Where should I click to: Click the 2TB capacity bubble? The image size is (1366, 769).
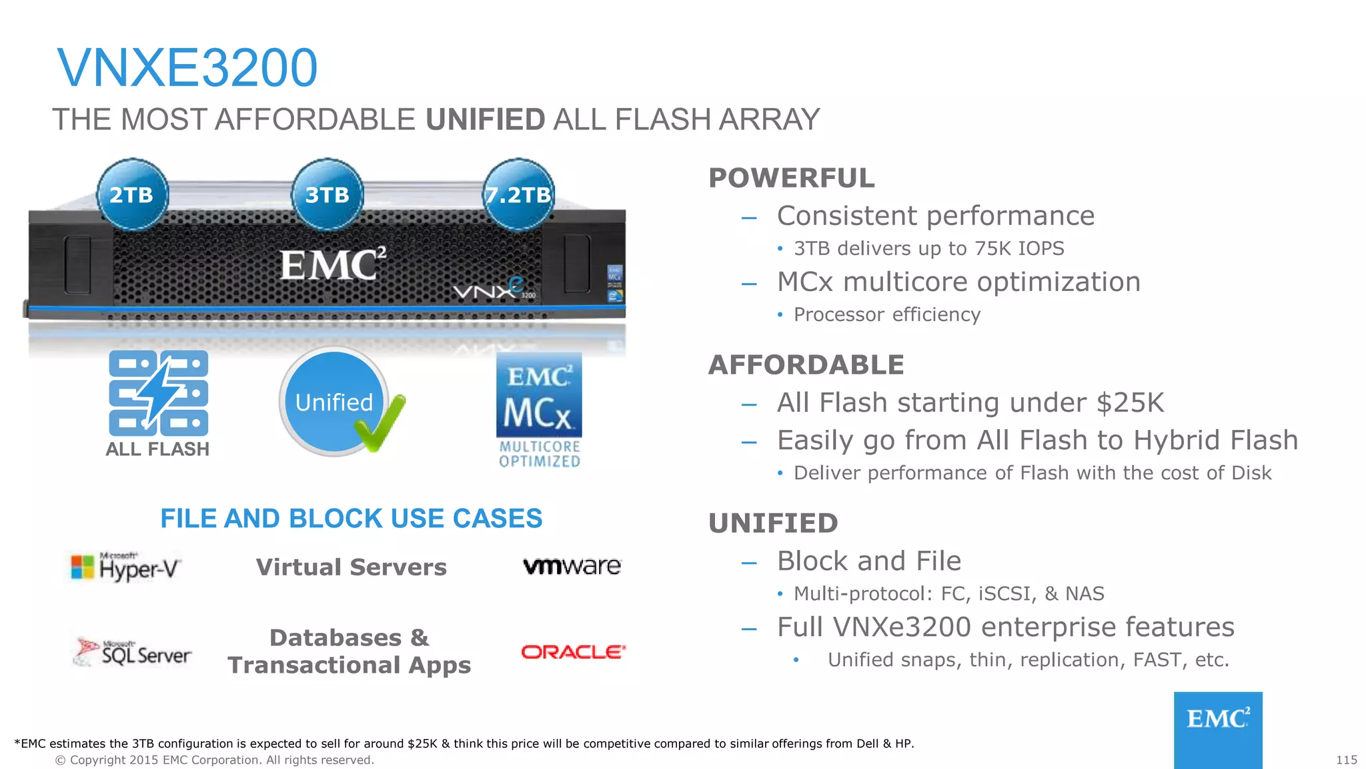(132, 195)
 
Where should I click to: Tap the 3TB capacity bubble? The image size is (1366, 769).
(327, 195)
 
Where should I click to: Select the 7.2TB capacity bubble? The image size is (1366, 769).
(518, 195)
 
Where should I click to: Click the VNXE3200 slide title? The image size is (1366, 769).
(187, 68)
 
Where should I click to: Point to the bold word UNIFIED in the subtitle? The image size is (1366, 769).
(486, 120)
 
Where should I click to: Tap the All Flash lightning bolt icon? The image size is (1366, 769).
(159, 393)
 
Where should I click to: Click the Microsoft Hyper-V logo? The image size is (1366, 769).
(126, 567)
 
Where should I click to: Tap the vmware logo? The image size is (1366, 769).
(572, 567)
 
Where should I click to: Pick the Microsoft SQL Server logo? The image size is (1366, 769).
(133, 652)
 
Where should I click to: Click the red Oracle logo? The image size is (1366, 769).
(573, 652)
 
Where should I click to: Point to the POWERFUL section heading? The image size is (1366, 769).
(791, 178)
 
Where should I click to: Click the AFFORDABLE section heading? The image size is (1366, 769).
(806, 365)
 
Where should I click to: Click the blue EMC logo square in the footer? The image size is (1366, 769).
(1218, 729)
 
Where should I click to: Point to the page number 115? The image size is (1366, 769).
(1346, 760)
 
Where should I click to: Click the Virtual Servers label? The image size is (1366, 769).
(352, 567)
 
